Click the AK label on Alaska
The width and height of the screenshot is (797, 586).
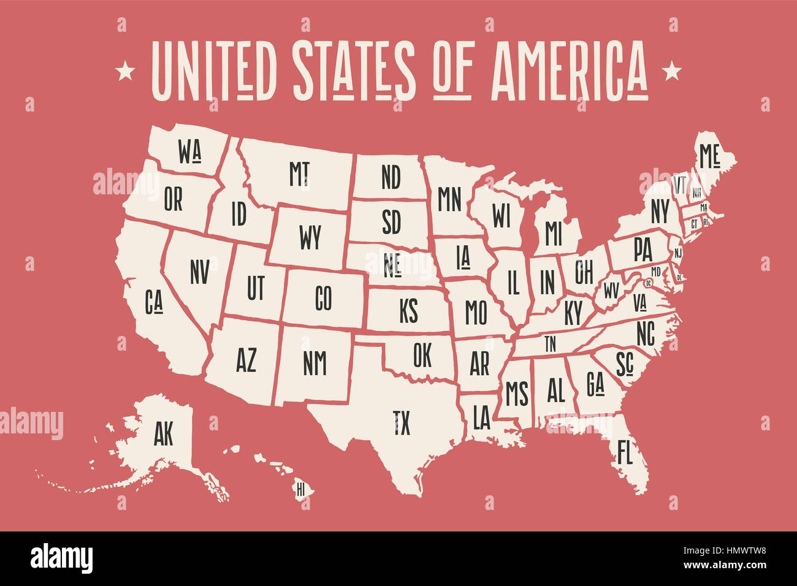(164, 434)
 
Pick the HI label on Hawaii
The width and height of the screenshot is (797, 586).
(300, 489)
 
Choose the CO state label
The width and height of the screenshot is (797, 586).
(323, 299)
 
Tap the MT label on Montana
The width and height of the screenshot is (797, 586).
(299, 173)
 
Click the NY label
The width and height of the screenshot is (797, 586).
(660, 212)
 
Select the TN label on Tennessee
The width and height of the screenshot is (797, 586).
(550, 344)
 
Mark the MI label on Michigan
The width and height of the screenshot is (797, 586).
(553, 232)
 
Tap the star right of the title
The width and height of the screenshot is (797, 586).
(672, 71)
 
